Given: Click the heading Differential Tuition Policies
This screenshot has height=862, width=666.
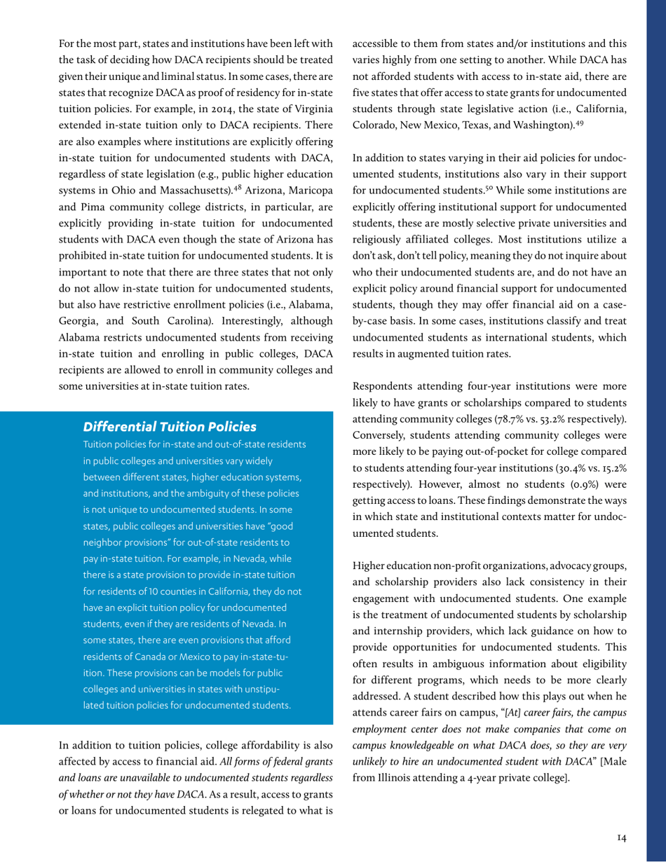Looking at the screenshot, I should (x=164, y=426).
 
